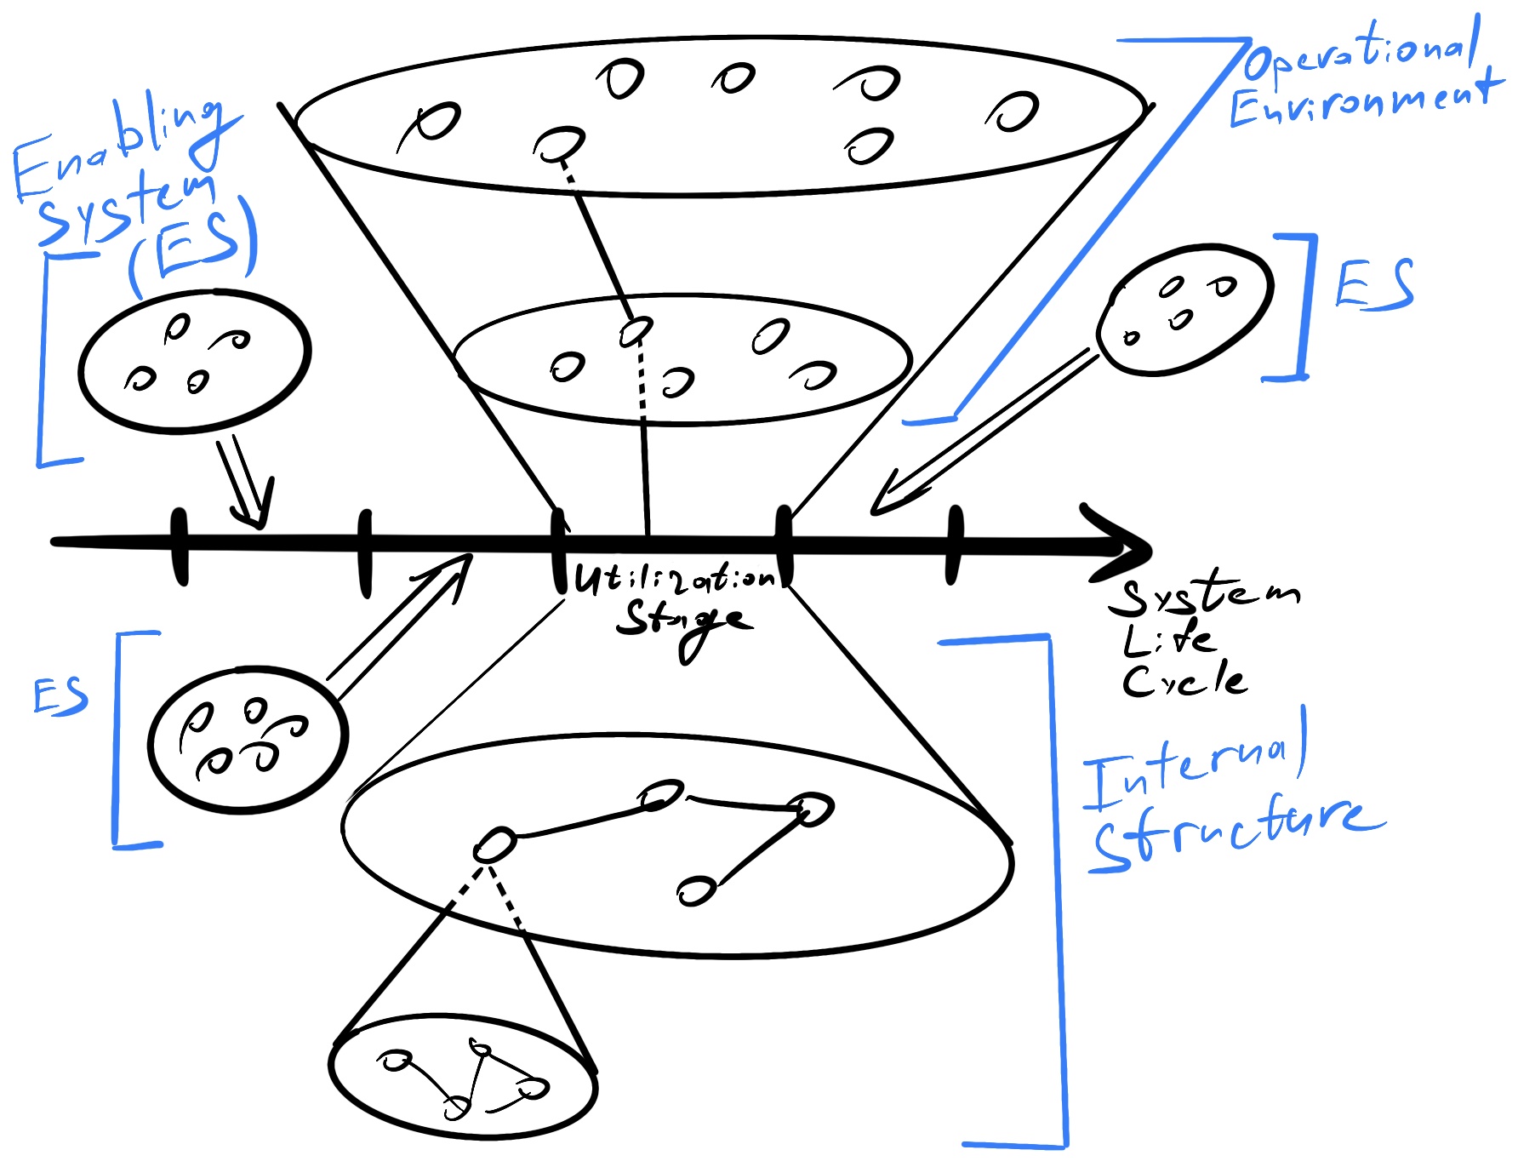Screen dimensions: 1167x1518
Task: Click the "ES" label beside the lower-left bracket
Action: click(60, 696)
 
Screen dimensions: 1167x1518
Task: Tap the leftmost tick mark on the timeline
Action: click(180, 546)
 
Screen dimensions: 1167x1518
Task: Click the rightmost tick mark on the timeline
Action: click(955, 545)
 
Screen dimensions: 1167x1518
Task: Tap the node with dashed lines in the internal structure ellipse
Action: click(494, 845)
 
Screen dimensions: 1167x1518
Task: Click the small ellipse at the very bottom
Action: click(463, 1076)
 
